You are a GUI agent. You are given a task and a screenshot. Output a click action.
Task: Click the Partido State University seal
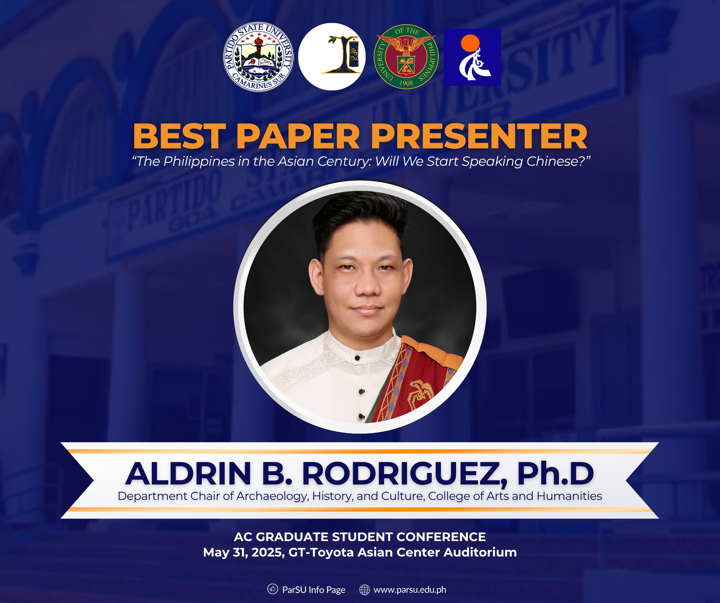pyautogui.click(x=259, y=57)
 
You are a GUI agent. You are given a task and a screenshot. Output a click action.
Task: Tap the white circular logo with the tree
pyautogui.click(x=332, y=57)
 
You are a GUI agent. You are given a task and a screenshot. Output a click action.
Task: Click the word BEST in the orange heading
pyautogui.click(x=179, y=136)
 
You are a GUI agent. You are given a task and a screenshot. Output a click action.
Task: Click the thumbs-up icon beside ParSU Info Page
pyautogui.click(x=273, y=589)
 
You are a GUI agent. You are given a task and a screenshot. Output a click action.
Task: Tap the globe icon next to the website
pyautogui.click(x=364, y=589)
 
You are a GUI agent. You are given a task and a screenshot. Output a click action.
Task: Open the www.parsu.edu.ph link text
pyautogui.click(x=410, y=590)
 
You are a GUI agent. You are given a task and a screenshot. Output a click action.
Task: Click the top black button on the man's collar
pyautogui.click(x=357, y=358)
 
